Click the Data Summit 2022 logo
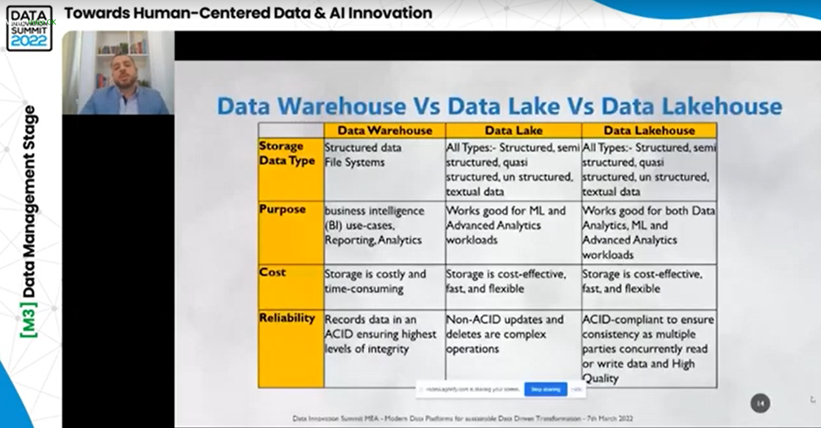pos(29,28)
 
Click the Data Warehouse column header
pos(385,130)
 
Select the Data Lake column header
pos(513,130)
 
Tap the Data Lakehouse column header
pos(649,130)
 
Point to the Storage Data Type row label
pos(287,154)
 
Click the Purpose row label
pos(282,210)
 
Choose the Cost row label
pos(272,273)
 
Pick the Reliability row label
pos(287,318)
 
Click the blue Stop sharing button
pos(546,389)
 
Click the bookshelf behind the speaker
pos(125,47)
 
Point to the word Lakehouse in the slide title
pos(691,106)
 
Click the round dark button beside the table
pos(760,403)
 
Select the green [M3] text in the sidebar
pos(29,320)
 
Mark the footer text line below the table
pos(462,419)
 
